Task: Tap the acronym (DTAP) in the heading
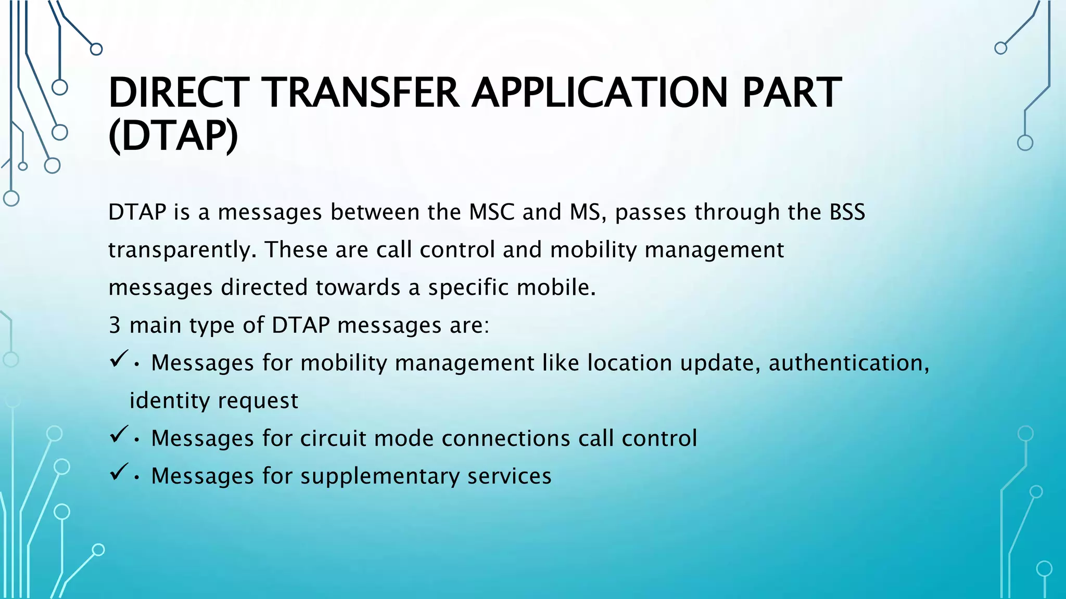click(173, 136)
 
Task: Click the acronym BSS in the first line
click(847, 212)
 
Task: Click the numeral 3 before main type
click(115, 325)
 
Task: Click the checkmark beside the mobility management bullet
click(119, 358)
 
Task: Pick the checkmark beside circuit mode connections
click(119, 434)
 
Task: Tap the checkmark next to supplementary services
click(119, 472)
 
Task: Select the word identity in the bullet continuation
click(169, 401)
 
